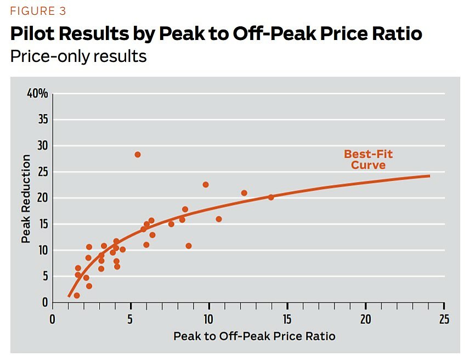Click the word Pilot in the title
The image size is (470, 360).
coord(33,34)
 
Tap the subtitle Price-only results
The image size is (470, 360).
coord(78,56)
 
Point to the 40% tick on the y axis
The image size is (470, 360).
coord(37,94)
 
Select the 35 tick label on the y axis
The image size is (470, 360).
coord(42,120)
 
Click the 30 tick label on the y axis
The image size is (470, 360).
coord(42,146)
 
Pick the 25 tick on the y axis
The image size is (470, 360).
coord(42,172)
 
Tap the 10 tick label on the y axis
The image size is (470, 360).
coord(42,250)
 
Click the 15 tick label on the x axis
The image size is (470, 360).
coord(287,319)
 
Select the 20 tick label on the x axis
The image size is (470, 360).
coord(365,319)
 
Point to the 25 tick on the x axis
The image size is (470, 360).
coord(444,319)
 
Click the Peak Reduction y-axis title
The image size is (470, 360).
coord(26,198)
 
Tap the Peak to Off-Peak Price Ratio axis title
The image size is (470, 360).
coord(254,336)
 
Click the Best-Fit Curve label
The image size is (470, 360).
coord(368,159)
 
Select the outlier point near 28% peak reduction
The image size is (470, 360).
coord(138,155)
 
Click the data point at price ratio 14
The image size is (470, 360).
coord(270,197)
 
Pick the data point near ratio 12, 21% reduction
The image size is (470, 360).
coord(244,193)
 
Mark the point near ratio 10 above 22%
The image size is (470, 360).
coord(206,185)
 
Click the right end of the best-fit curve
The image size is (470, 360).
coord(429,176)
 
